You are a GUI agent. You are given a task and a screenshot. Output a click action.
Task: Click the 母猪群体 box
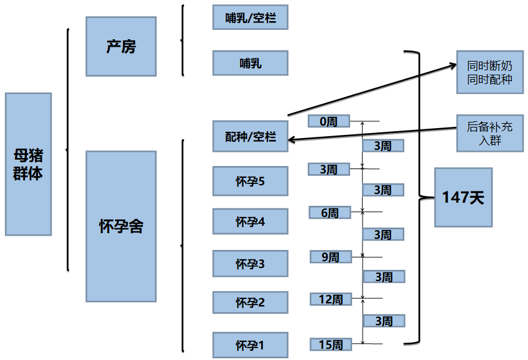click(x=28, y=164)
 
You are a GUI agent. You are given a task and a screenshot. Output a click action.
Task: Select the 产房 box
click(x=121, y=47)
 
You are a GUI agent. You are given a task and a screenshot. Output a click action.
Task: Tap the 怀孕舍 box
click(x=121, y=226)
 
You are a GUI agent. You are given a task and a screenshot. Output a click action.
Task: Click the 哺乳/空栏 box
click(x=250, y=17)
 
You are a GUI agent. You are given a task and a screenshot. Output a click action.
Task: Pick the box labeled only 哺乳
click(x=250, y=63)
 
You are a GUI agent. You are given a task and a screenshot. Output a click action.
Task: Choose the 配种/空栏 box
click(x=250, y=136)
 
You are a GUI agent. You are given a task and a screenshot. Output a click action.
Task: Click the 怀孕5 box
click(x=250, y=182)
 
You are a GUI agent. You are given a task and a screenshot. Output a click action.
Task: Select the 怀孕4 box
click(x=250, y=221)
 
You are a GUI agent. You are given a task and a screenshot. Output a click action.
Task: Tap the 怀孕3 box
click(x=250, y=264)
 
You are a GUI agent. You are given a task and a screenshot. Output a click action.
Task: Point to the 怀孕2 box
click(x=250, y=302)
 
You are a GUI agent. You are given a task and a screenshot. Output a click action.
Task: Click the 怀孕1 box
click(x=250, y=345)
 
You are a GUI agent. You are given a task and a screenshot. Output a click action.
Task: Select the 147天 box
click(x=463, y=197)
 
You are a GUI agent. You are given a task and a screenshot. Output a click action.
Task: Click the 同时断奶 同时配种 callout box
click(x=489, y=72)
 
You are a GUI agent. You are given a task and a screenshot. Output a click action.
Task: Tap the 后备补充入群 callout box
click(x=489, y=133)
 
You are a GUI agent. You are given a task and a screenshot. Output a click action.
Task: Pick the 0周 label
click(x=329, y=121)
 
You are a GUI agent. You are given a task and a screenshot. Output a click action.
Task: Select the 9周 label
click(x=330, y=256)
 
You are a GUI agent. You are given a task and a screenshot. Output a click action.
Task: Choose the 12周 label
click(x=330, y=299)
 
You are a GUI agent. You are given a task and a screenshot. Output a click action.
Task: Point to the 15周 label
click(x=330, y=344)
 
